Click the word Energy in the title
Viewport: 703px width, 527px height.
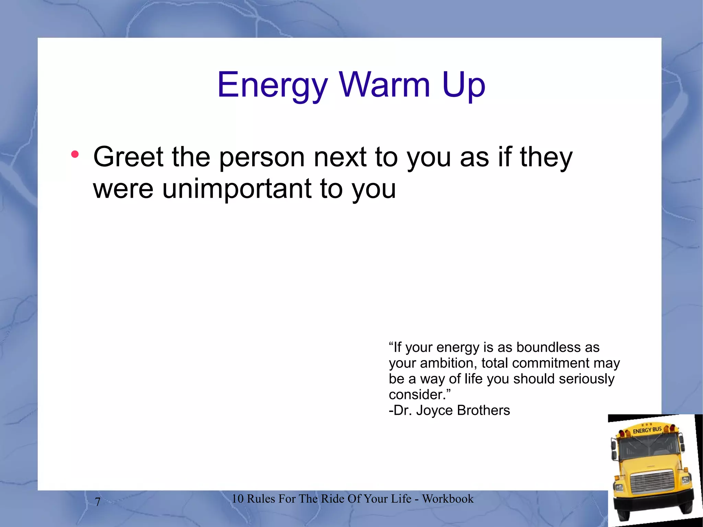(273, 85)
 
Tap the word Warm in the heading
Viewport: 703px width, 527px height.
(384, 84)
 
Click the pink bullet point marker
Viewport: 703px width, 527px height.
(75, 154)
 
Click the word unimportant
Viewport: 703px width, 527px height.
(237, 188)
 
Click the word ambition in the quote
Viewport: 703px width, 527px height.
(447, 363)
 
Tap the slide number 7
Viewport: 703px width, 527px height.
(98, 502)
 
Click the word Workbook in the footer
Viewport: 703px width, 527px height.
(448, 499)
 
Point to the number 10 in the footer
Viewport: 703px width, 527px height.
(237, 499)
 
